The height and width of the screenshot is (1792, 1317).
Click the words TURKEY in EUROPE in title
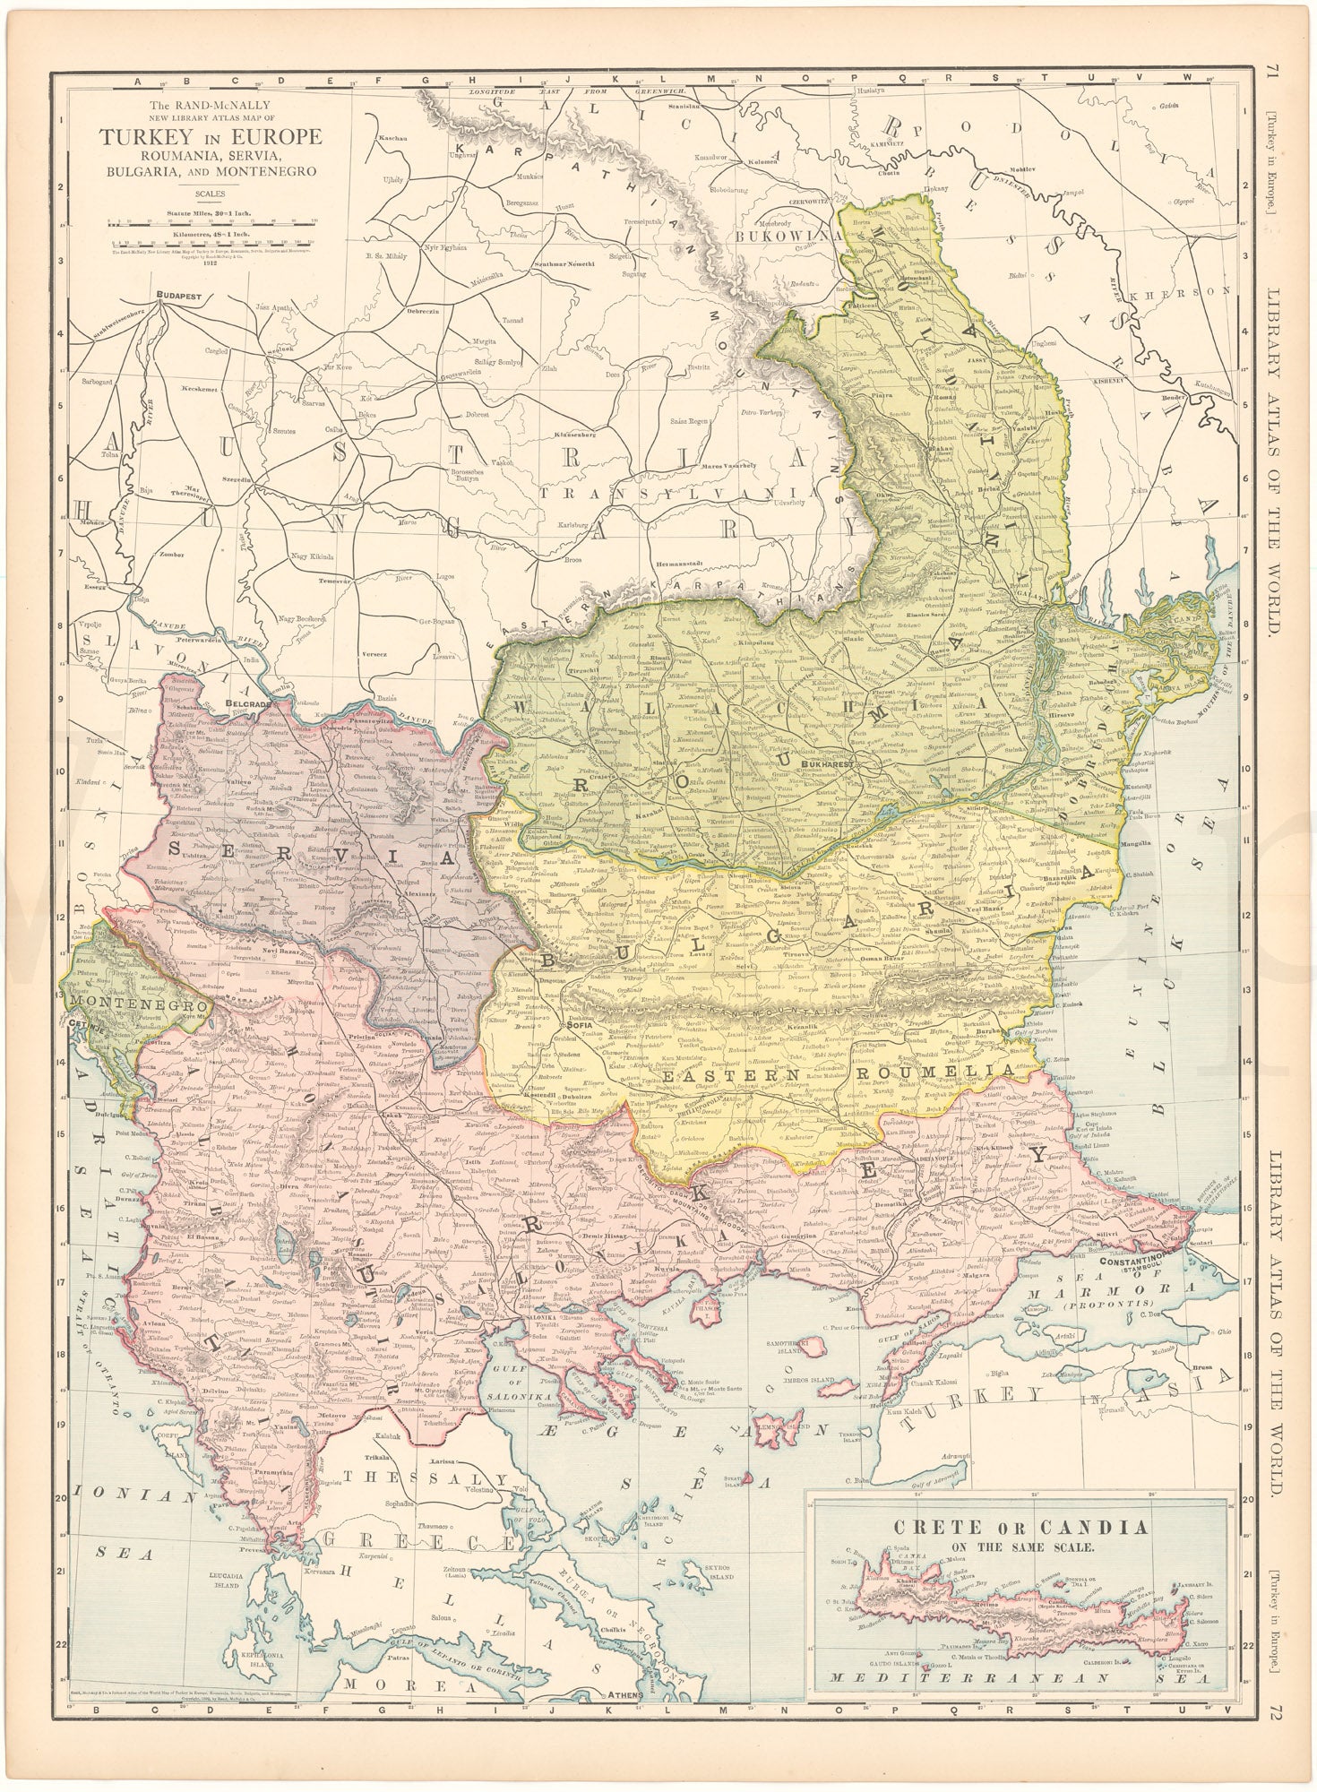coord(211,138)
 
